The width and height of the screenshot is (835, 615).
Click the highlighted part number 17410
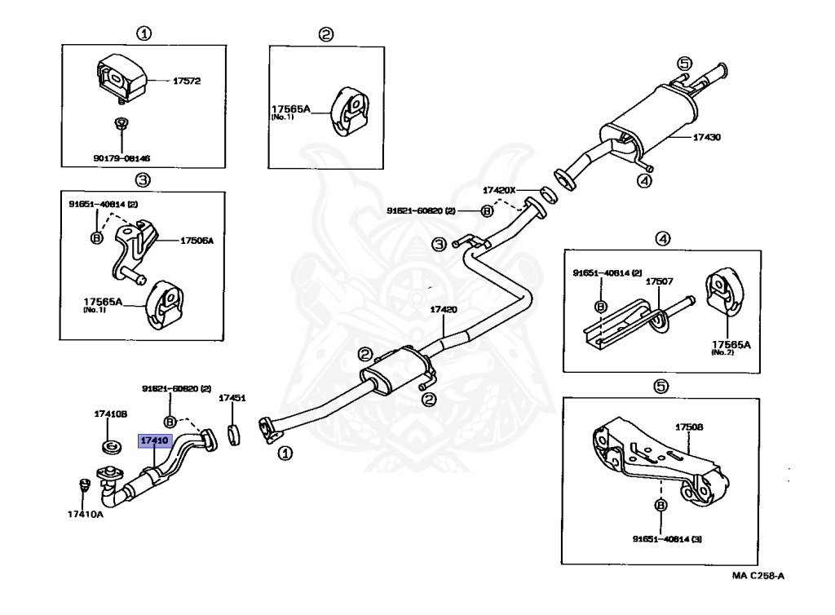(x=154, y=441)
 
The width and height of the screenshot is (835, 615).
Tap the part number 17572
(x=186, y=82)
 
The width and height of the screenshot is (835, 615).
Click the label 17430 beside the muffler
(x=706, y=138)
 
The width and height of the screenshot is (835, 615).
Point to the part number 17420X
(x=500, y=189)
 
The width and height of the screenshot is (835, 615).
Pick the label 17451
(x=232, y=399)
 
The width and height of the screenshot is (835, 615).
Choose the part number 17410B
(x=112, y=414)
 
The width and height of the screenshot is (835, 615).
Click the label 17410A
(x=86, y=514)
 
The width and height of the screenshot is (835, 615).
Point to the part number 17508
(x=689, y=427)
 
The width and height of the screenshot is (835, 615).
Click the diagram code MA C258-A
(x=758, y=576)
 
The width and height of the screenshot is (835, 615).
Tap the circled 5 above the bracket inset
(x=660, y=387)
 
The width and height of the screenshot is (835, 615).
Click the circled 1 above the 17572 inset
(x=143, y=34)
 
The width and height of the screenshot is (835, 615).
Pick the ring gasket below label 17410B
(x=112, y=446)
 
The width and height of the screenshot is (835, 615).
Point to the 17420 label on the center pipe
(x=444, y=311)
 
